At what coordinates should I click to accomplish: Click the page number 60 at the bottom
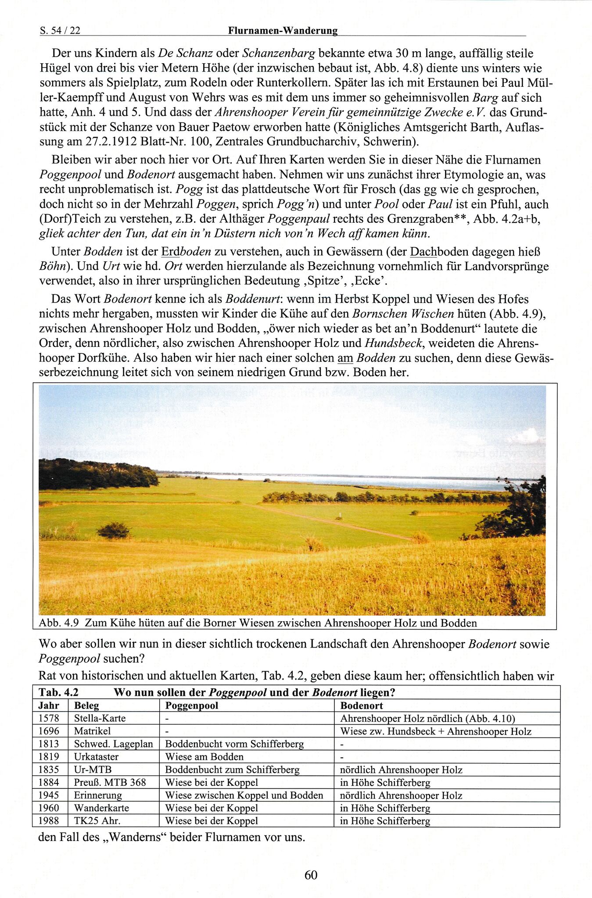coord(310,875)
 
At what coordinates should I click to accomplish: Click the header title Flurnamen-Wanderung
coord(283,30)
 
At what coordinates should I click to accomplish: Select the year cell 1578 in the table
coord(48,718)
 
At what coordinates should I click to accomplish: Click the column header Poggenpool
coord(191,706)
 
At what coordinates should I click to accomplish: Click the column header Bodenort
coord(361,706)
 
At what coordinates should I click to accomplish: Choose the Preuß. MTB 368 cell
coord(110,782)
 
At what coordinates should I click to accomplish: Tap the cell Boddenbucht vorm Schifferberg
coord(234,744)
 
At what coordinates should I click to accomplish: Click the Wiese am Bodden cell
coord(204,757)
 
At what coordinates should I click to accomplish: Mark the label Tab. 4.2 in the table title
coord(58,692)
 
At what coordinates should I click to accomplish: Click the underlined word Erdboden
coord(186,252)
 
